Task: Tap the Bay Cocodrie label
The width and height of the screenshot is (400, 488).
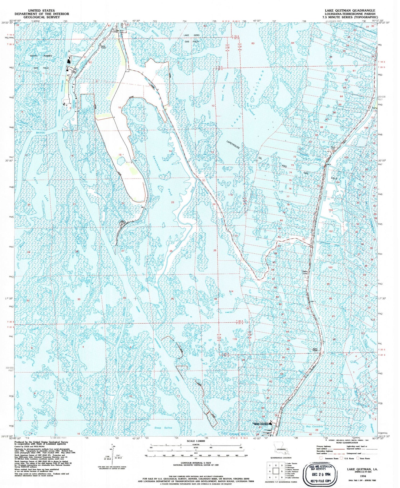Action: (314, 426)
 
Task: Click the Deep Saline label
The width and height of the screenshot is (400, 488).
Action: (163, 428)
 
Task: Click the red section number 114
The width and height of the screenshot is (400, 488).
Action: (231, 291)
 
